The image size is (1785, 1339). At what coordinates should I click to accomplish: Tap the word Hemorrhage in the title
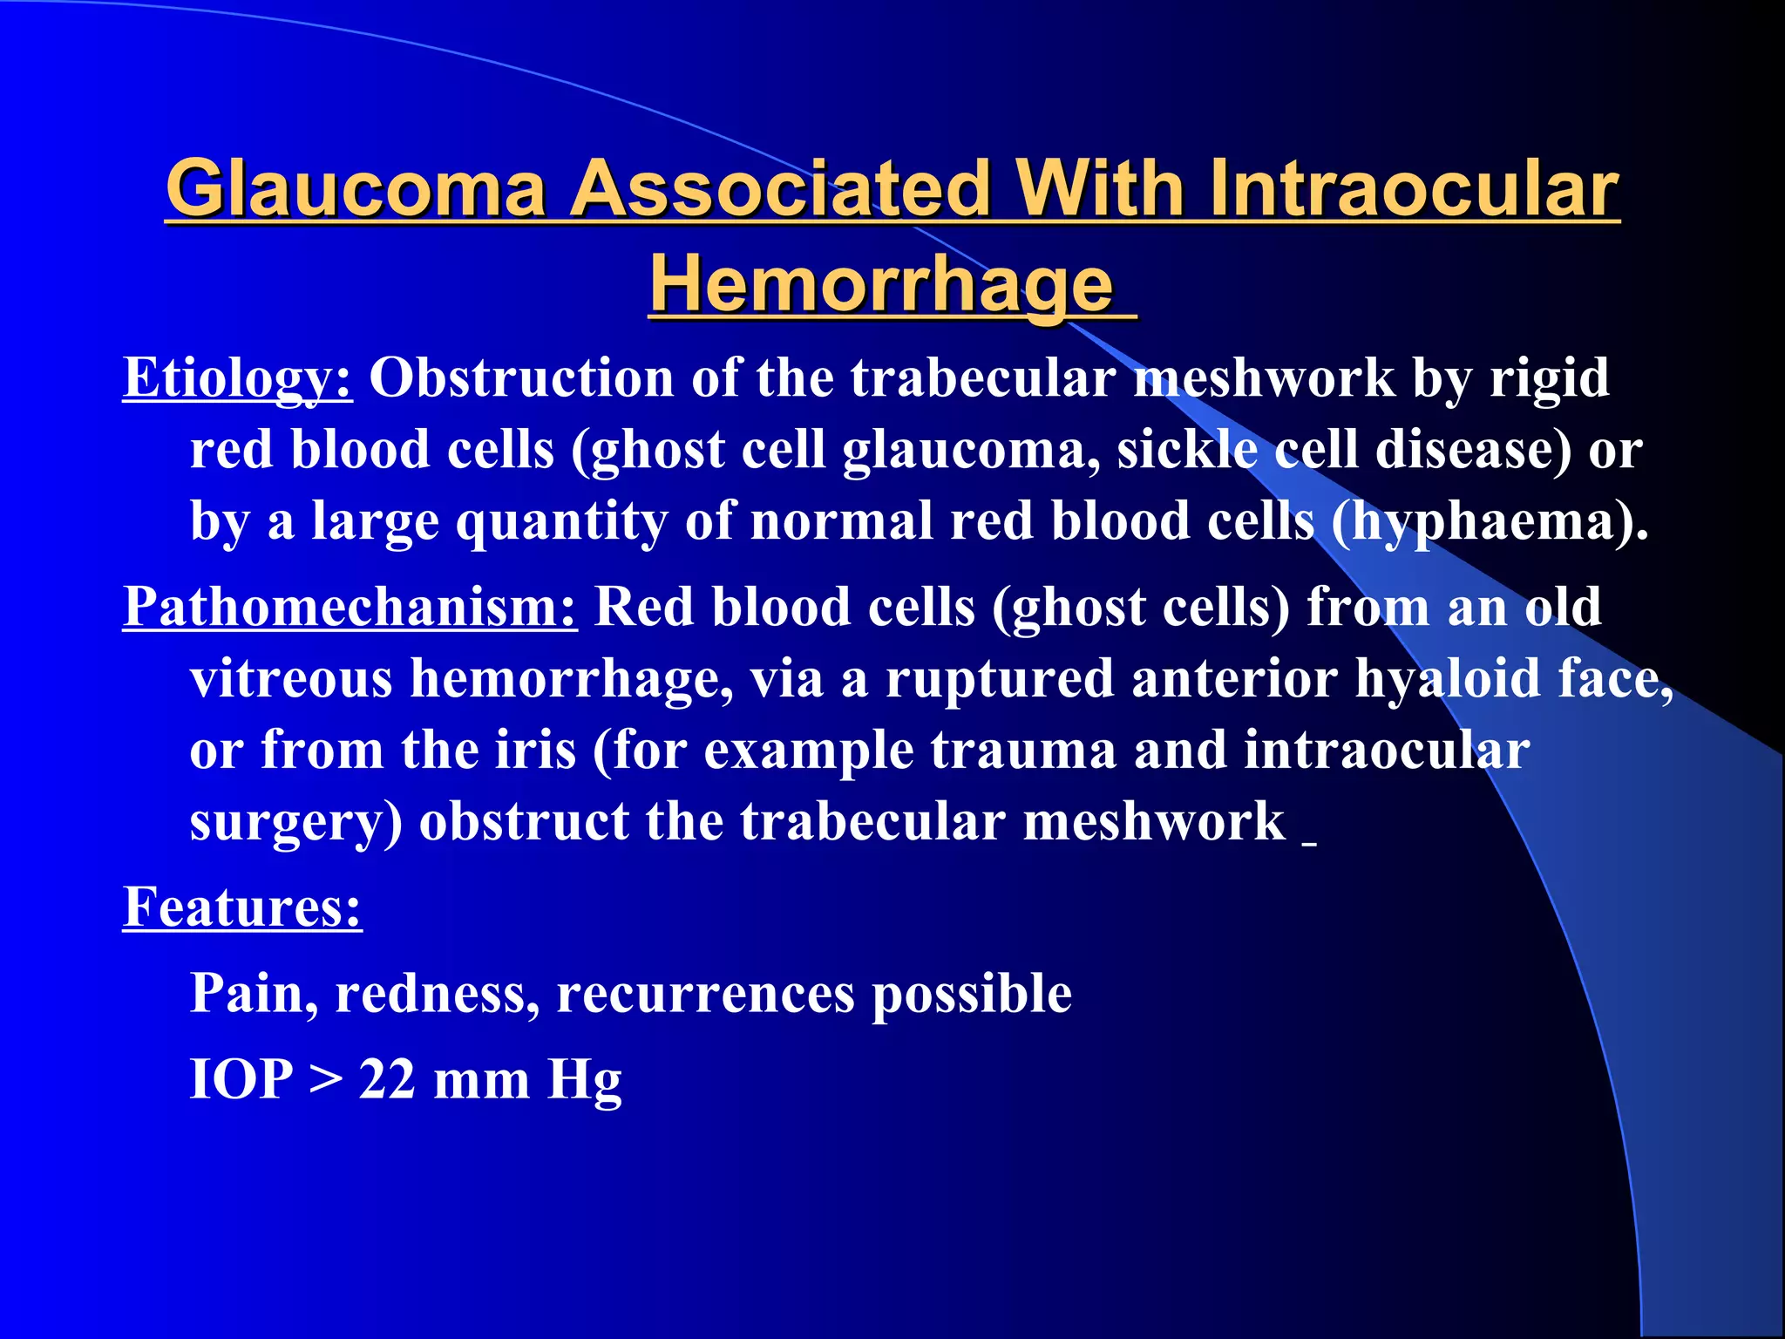pyautogui.click(x=882, y=284)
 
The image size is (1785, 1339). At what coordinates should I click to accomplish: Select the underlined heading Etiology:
pyautogui.click(x=237, y=378)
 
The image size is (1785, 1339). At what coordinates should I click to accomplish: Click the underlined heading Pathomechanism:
pyautogui.click(x=350, y=607)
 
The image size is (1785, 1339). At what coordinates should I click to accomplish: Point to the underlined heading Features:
pyautogui.click(x=242, y=907)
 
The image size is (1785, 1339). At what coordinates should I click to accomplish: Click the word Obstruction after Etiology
pyautogui.click(x=521, y=378)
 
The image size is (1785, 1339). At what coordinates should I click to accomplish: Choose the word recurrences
pyautogui.click(x=705, y=994)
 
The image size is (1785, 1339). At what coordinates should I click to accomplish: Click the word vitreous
pyautogui.click(x=291, y=679)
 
